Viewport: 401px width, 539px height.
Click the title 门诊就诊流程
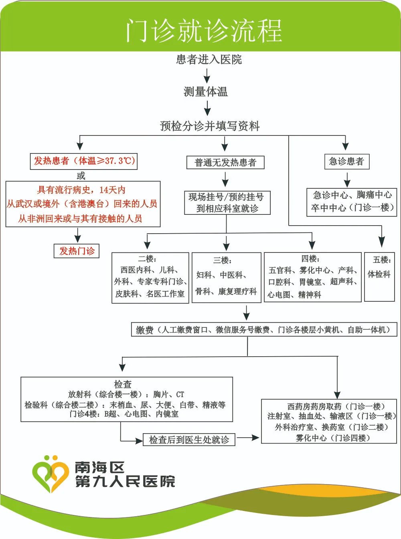(204, 30)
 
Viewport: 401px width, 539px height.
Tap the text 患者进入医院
(209, 60)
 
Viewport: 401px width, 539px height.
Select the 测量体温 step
(206, 92)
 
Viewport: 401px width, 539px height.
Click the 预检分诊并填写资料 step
(210, 126)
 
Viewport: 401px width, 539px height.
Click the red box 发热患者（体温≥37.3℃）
(84, 161)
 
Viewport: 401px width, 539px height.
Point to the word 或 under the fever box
(81, 176)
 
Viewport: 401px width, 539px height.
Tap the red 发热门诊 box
(77, 251)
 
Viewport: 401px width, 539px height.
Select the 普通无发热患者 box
(225, 162)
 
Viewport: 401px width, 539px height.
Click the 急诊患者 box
(346, 161)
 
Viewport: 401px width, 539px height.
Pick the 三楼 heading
(223, 260)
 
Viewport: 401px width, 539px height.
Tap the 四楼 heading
(310, 259)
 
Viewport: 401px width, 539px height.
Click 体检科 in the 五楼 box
(379, 275)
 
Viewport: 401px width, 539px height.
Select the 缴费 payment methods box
(263, 330)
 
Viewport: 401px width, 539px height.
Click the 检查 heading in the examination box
(123, 384)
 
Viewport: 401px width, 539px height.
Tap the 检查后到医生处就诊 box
(189, 440)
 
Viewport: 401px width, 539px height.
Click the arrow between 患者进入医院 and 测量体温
(207, 75)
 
